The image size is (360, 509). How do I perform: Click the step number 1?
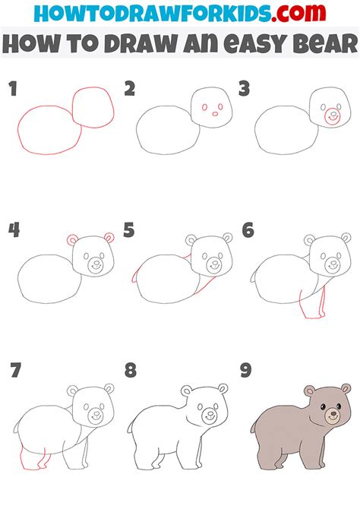[13, 90]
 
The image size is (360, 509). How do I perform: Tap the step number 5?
[128, 229]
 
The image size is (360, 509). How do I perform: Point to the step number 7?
[14, 371]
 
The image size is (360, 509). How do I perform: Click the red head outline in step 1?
[93, 106]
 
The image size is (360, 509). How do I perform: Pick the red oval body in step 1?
[49, 132]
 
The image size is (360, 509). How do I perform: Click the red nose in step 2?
[215, 115]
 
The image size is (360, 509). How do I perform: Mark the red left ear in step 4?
[74, 241]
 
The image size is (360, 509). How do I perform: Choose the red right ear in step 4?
[109, 239]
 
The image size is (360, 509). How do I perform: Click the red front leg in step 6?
[311, 304]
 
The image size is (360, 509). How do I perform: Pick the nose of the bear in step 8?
[210, 415]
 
